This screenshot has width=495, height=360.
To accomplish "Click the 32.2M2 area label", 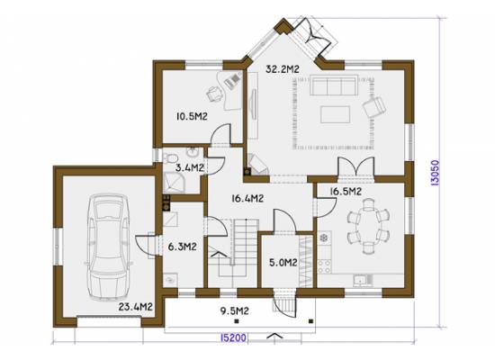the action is point(283,69).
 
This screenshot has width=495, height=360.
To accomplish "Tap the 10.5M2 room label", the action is point(192,117).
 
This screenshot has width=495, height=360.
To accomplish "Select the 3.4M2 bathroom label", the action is point(189,167).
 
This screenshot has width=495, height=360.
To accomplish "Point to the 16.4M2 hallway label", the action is point(247,199).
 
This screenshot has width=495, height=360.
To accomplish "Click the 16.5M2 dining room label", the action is point(346,192).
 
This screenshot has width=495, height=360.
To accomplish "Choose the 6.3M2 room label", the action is point(182,247).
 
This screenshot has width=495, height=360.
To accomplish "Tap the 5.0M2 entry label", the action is point(283,263).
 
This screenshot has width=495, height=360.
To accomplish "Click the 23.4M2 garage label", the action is point(136,307).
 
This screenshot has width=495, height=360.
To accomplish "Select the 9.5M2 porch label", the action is point(235,311).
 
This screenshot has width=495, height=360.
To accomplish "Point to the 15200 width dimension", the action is point(233,337).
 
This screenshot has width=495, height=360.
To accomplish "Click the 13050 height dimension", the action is point(436,173).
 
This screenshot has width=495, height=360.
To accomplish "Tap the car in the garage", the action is point(109,247).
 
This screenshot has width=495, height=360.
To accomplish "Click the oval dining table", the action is point(368,227).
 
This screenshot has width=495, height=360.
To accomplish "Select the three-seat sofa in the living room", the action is point(334,85).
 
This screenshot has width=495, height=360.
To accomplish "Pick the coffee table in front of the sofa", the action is point(336,114).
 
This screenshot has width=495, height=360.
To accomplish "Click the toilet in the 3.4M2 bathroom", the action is point(170,157).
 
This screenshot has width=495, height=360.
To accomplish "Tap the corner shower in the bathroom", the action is point(174,184).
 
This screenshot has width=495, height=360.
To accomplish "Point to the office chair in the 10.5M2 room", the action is point(214,94).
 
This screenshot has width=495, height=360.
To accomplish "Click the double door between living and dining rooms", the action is point(356,166).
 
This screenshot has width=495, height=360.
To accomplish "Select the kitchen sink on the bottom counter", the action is point(363,281).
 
